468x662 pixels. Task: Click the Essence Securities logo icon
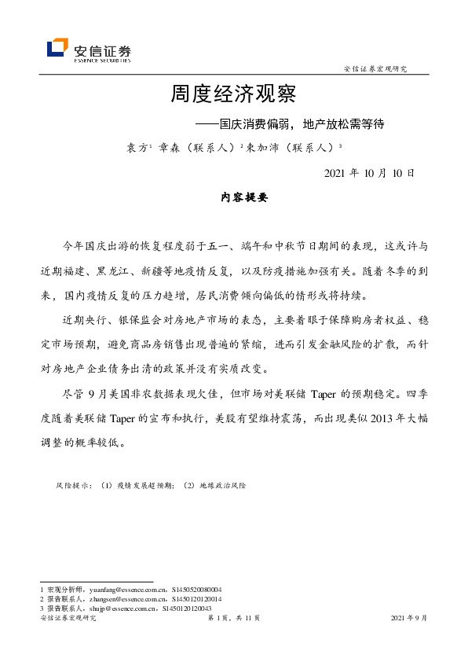tap(57, 48)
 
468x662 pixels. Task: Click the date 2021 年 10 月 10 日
tap(368, 173)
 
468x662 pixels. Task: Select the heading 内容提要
tap(245, 198)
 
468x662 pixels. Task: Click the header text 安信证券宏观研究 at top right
tap(375, 69)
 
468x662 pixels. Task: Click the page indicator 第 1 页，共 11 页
tap(233, 619)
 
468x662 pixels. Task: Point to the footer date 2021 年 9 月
tap(409, 619)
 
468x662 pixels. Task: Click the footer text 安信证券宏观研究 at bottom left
tap(68, 619)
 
